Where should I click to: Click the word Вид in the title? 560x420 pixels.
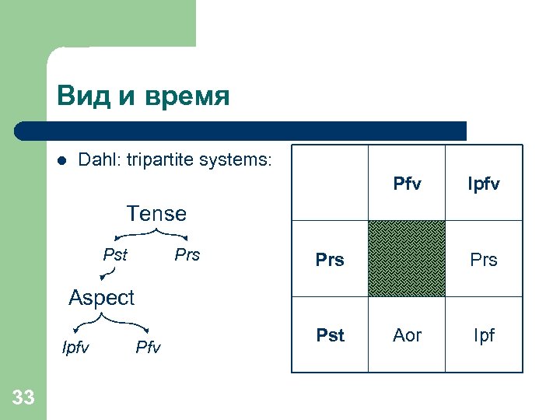82,96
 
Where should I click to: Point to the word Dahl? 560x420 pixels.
98,160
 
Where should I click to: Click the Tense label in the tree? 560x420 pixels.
156,213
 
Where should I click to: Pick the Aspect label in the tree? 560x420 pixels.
101,297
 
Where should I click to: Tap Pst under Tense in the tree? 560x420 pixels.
115,255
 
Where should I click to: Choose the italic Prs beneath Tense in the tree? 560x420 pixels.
187,255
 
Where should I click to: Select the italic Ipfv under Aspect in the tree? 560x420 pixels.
75,347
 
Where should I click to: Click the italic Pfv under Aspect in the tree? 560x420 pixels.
148,347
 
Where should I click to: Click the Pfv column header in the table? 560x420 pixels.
407,184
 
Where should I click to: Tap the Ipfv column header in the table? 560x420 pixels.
483,184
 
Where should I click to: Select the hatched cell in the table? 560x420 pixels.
407,259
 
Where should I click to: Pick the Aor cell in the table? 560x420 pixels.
407,335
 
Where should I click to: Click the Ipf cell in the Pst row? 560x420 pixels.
483,335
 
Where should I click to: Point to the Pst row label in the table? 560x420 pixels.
330,335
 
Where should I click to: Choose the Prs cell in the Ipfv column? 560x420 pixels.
483,260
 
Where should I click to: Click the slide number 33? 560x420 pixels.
23,398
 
